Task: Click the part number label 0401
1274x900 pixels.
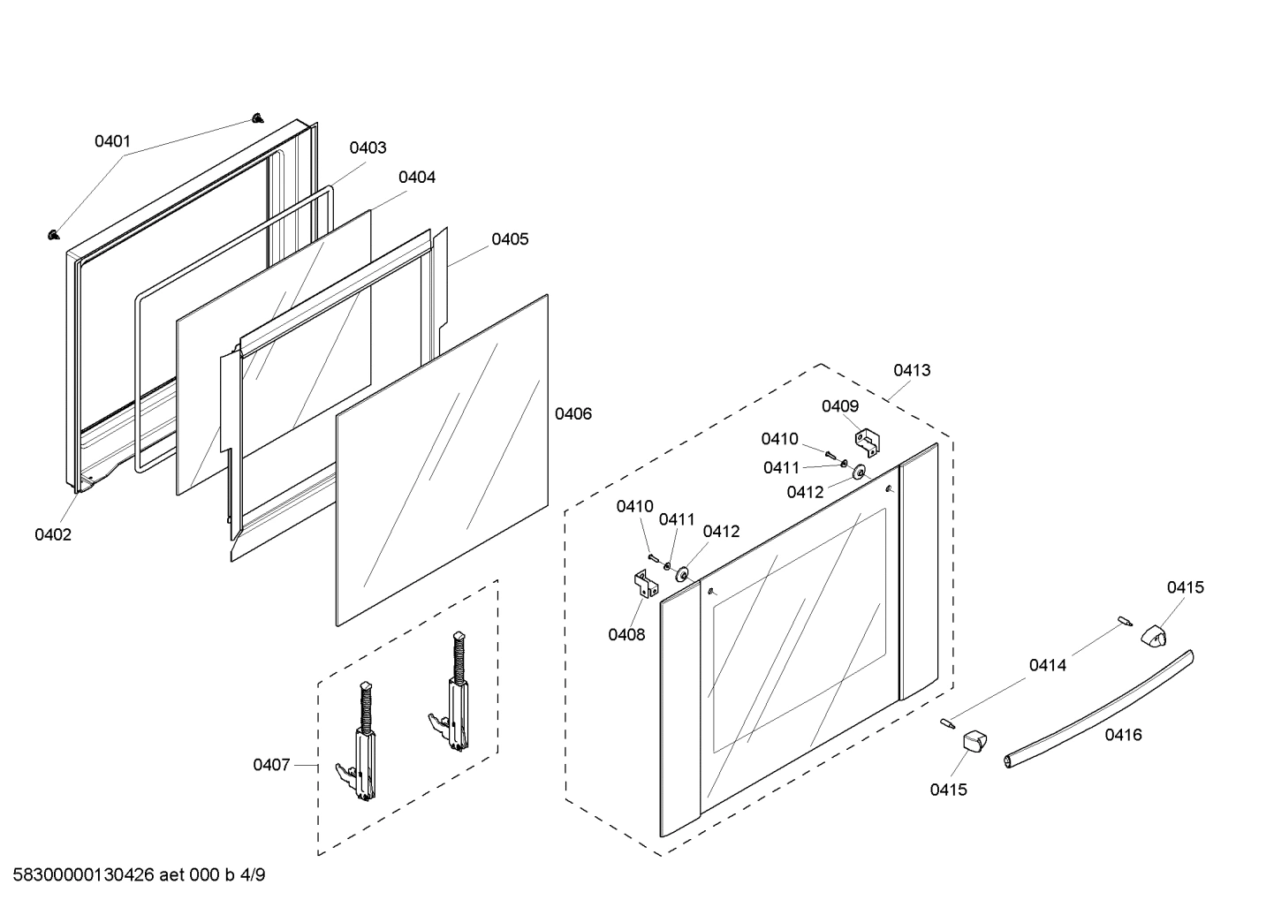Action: pos(112,141)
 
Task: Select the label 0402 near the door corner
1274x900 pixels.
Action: pos(53,534)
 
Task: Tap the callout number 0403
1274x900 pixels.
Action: pos(368,147)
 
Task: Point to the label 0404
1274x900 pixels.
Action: pos(417,178)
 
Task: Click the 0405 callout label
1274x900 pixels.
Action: pos(510,239)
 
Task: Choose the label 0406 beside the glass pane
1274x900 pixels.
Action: pos(573,413)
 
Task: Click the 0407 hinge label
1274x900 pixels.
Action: pos(271,765)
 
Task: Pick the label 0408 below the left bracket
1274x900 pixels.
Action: pos(626,634)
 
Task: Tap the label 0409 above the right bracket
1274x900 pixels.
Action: pos(840,406)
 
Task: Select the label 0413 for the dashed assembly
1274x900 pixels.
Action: pos(912,370)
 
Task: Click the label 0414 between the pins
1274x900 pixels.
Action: pos(1047,665)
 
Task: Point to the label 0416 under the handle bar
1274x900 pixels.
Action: pos(1123,734)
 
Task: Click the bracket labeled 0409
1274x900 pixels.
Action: pos(866,442)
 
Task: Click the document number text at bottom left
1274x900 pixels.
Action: pos(140,875)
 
